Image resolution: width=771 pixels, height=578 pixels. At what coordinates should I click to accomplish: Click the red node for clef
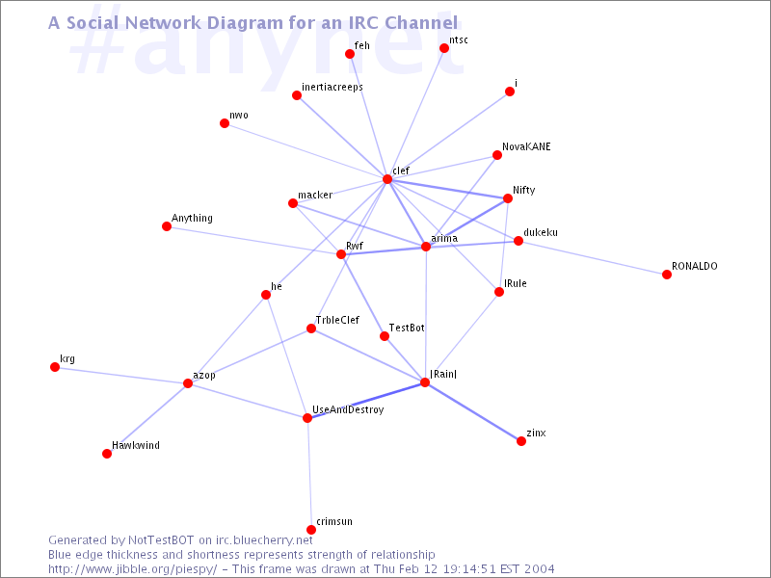[x=387, y=179]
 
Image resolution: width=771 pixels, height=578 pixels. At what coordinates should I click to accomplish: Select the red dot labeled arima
[x=426, y=247]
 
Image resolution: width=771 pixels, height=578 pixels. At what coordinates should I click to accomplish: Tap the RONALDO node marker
[x=667, y=275]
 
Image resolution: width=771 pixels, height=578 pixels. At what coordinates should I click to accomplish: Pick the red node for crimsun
[x=311, y=529]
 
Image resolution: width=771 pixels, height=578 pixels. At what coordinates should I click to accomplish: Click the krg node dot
[x=55, y=367]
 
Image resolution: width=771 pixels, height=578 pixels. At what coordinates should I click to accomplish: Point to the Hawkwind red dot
[x=107, y=453]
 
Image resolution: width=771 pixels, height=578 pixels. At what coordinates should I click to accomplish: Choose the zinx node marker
[x=521, y=441]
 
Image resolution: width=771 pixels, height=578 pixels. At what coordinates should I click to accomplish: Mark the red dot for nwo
[x=225, y=123]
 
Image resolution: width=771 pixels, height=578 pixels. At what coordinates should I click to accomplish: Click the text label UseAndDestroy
[x=348, y=410]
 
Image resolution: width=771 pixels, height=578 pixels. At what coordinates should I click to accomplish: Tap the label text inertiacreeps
[x=332, y=87]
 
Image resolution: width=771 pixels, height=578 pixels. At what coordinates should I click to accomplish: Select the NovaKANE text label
[x=526, y=146]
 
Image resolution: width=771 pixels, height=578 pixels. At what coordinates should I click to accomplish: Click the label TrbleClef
[x=337, y=320]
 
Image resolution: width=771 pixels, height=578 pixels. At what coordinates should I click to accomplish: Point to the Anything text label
[x=192, y=219]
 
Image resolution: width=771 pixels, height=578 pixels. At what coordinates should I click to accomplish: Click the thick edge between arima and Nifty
[x=466, y=223]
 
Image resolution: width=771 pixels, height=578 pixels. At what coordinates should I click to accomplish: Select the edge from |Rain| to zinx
[x=473, y=411]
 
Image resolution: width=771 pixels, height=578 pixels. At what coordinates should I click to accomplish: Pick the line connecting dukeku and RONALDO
[x=593, y=257]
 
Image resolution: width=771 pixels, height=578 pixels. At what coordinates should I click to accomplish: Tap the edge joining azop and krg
[x=121, y=375]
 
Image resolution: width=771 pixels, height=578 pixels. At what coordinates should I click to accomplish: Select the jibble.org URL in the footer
[x=133, y=569]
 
